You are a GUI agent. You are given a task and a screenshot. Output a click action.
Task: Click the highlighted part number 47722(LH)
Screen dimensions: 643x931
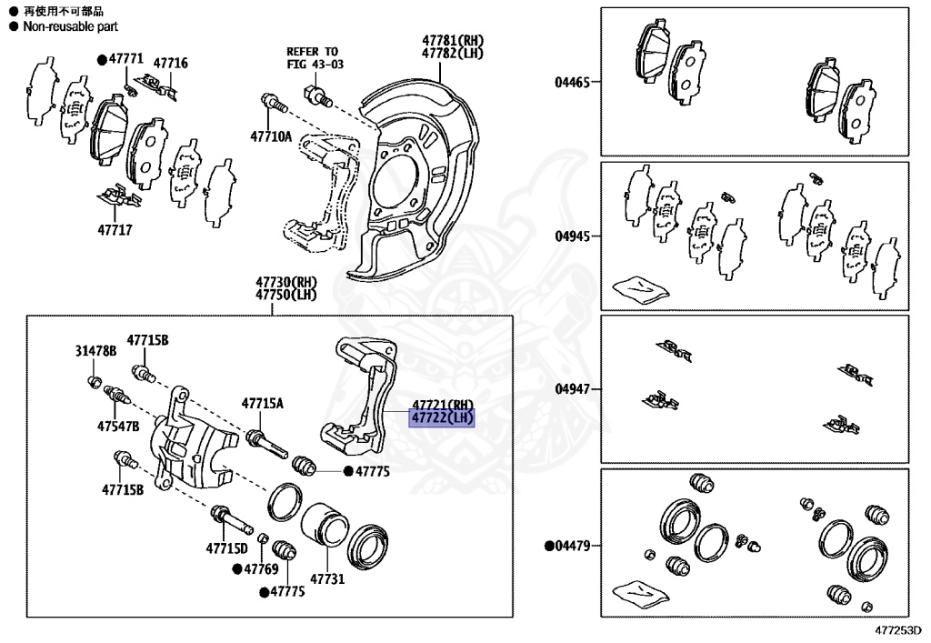click(x=443, y=418)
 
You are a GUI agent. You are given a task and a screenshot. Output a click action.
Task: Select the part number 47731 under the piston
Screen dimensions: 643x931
click(x=327, y=578)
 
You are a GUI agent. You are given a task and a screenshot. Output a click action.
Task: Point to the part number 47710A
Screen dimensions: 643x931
click(x=271, y=137)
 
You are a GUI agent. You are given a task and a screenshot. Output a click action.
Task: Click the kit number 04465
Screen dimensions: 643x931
click(x=573, y=82)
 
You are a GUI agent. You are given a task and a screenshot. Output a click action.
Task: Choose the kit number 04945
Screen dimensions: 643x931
click(x=573, y=236)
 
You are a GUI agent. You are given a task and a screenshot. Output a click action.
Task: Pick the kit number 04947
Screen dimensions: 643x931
click(x=573, y=389)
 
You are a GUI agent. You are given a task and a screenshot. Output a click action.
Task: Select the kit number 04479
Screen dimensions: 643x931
click(x=573, y=546)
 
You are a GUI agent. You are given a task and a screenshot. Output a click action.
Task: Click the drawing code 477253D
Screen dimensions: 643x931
click(x=898, y=628)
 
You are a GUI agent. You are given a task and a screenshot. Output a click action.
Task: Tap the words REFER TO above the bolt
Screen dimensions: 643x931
click(x=312, y=52)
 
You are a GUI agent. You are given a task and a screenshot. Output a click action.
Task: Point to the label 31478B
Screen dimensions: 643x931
click(x=95, y=352)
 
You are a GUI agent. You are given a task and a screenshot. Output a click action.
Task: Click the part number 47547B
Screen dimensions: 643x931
click(x=118, y=426)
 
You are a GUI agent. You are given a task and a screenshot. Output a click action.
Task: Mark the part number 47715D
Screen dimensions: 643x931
click(x=226, y=548)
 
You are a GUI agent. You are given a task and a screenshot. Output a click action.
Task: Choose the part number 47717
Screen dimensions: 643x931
click(x=114, y=230)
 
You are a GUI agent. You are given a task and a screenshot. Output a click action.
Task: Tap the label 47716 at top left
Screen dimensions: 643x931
click(x=170, y=63)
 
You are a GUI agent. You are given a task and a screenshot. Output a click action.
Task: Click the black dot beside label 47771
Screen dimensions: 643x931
click(x=102, y=59)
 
